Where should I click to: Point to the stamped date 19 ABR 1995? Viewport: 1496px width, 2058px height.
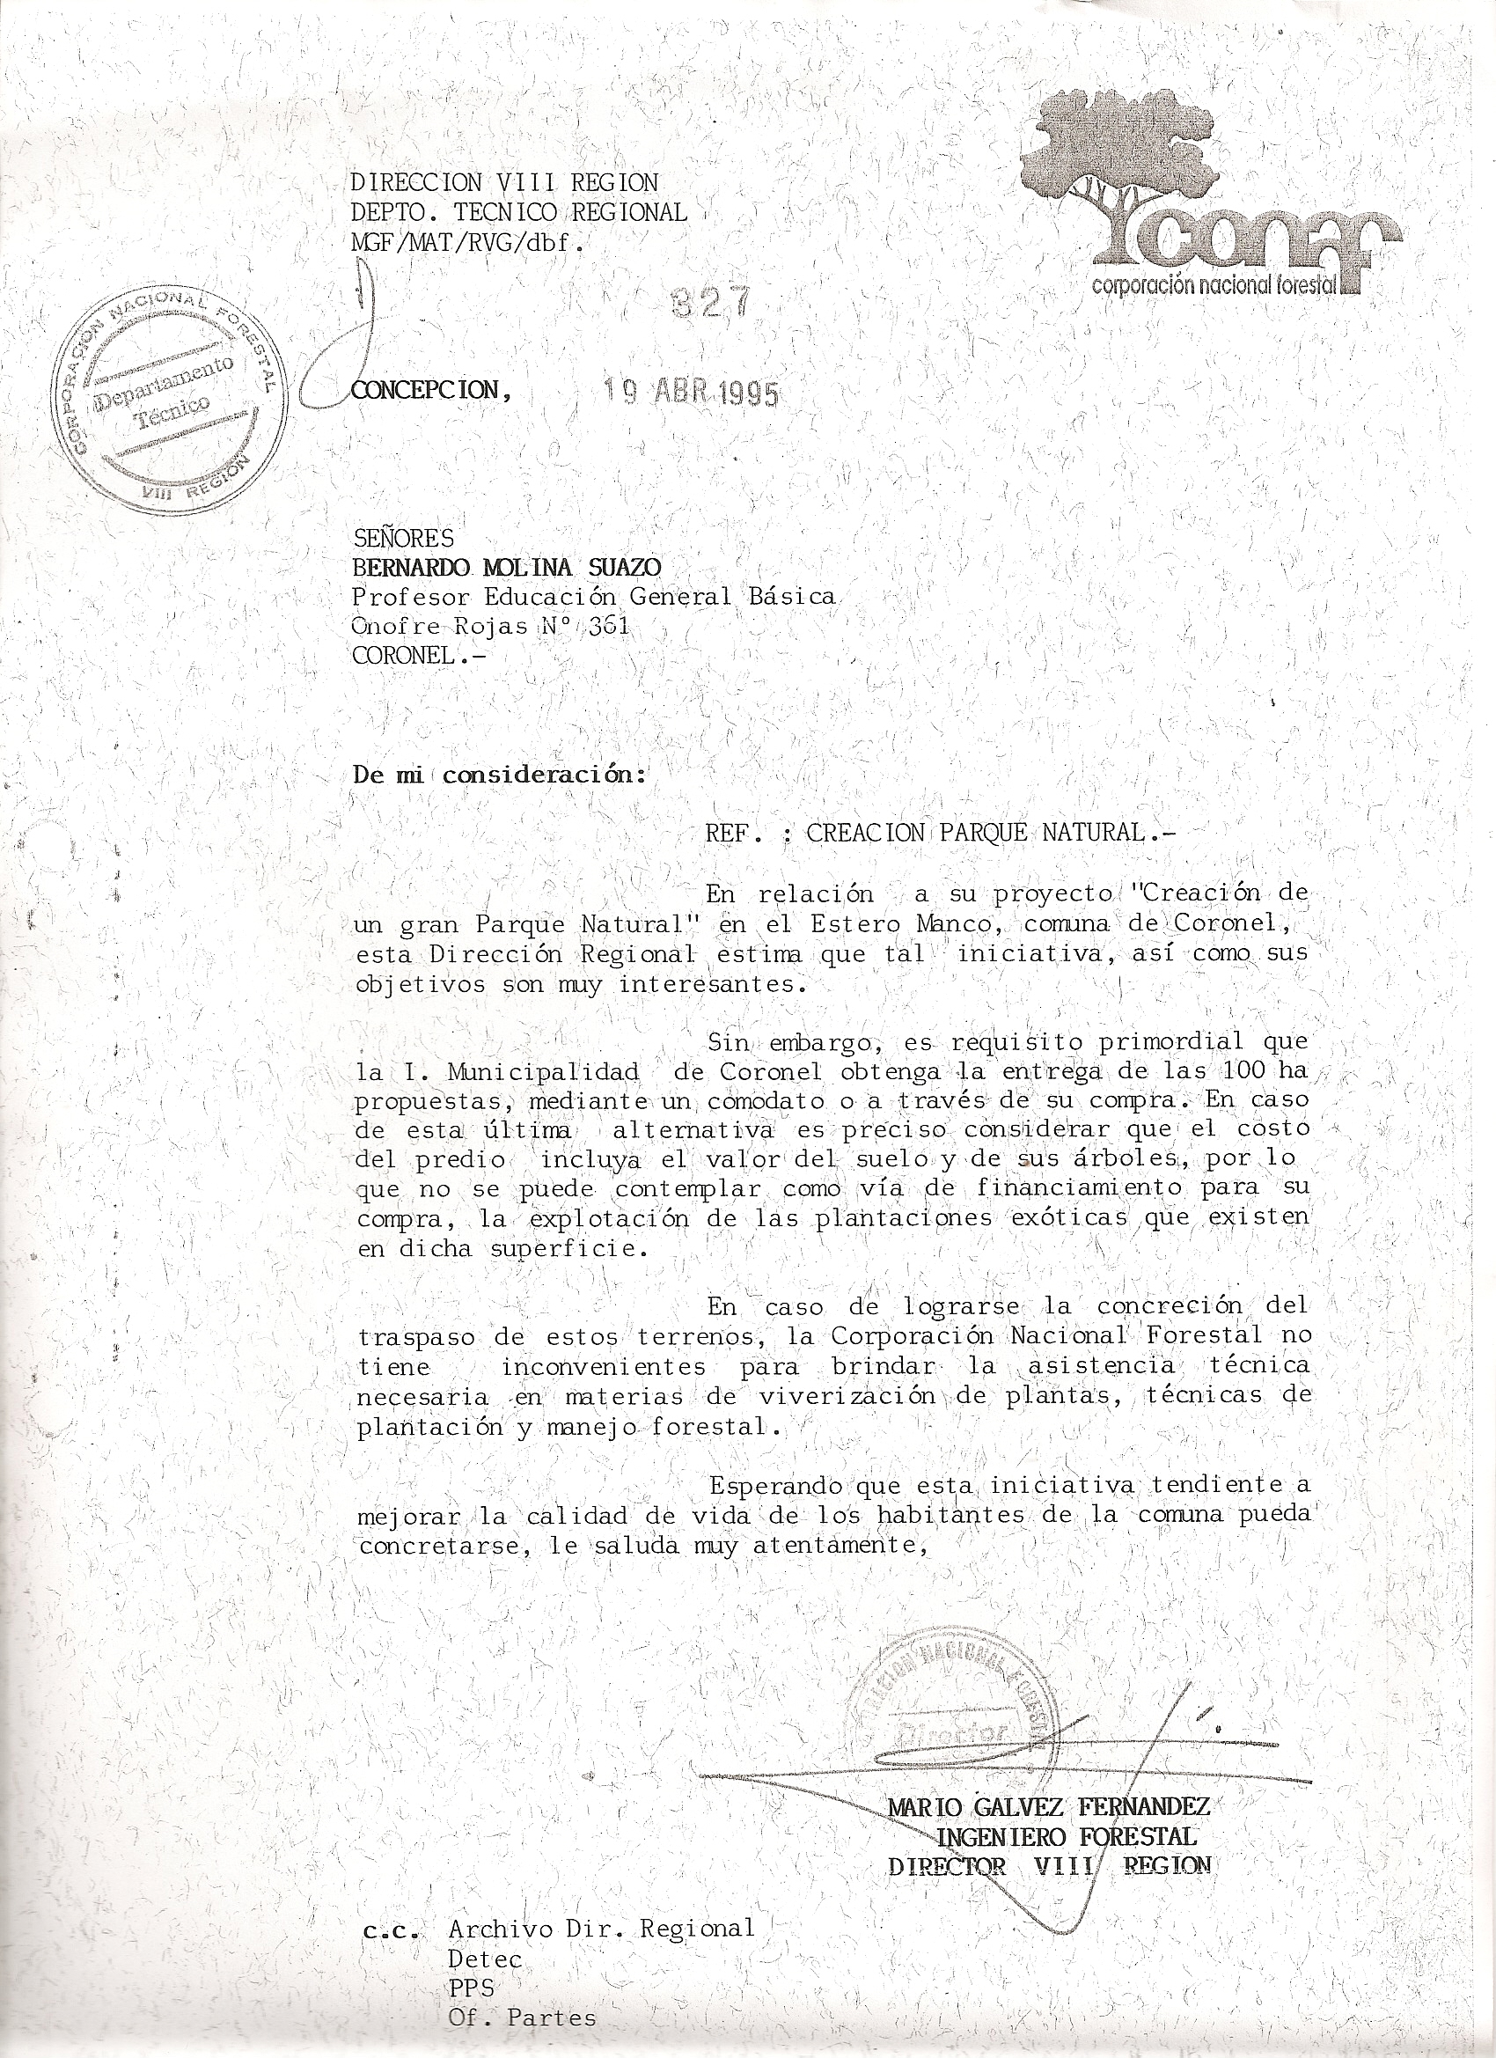pos(693,392)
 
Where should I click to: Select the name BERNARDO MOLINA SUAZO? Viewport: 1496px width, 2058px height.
pos(506,567)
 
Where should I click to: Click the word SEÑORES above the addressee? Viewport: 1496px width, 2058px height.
pos(403,538)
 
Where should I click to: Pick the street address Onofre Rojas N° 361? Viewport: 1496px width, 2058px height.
pos(490,626)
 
